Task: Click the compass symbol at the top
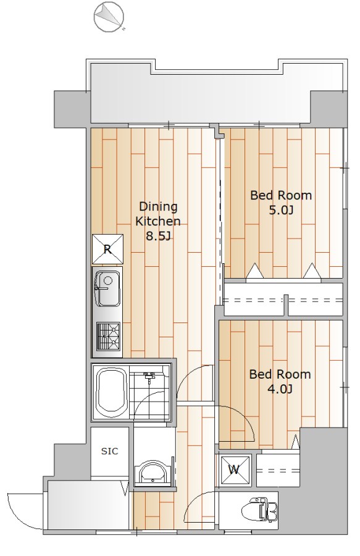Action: [x=109, y=16]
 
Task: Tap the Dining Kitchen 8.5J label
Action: [x=158, y=221]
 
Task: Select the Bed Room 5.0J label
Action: [x=281, y=203]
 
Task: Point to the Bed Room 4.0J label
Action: [x=280, y=382]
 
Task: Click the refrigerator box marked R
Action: [x=107, y=249]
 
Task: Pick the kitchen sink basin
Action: [x=107, y=289]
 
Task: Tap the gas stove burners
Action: [x=108, y=337]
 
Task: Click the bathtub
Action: [x=112, y=393]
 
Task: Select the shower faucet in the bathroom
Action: [x=150, y=378]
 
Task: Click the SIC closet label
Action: [x=109, y=451]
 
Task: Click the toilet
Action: [x=260, y=510]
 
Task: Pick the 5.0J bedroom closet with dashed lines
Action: [x=283, y=299]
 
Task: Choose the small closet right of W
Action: [x=278, y=470]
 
